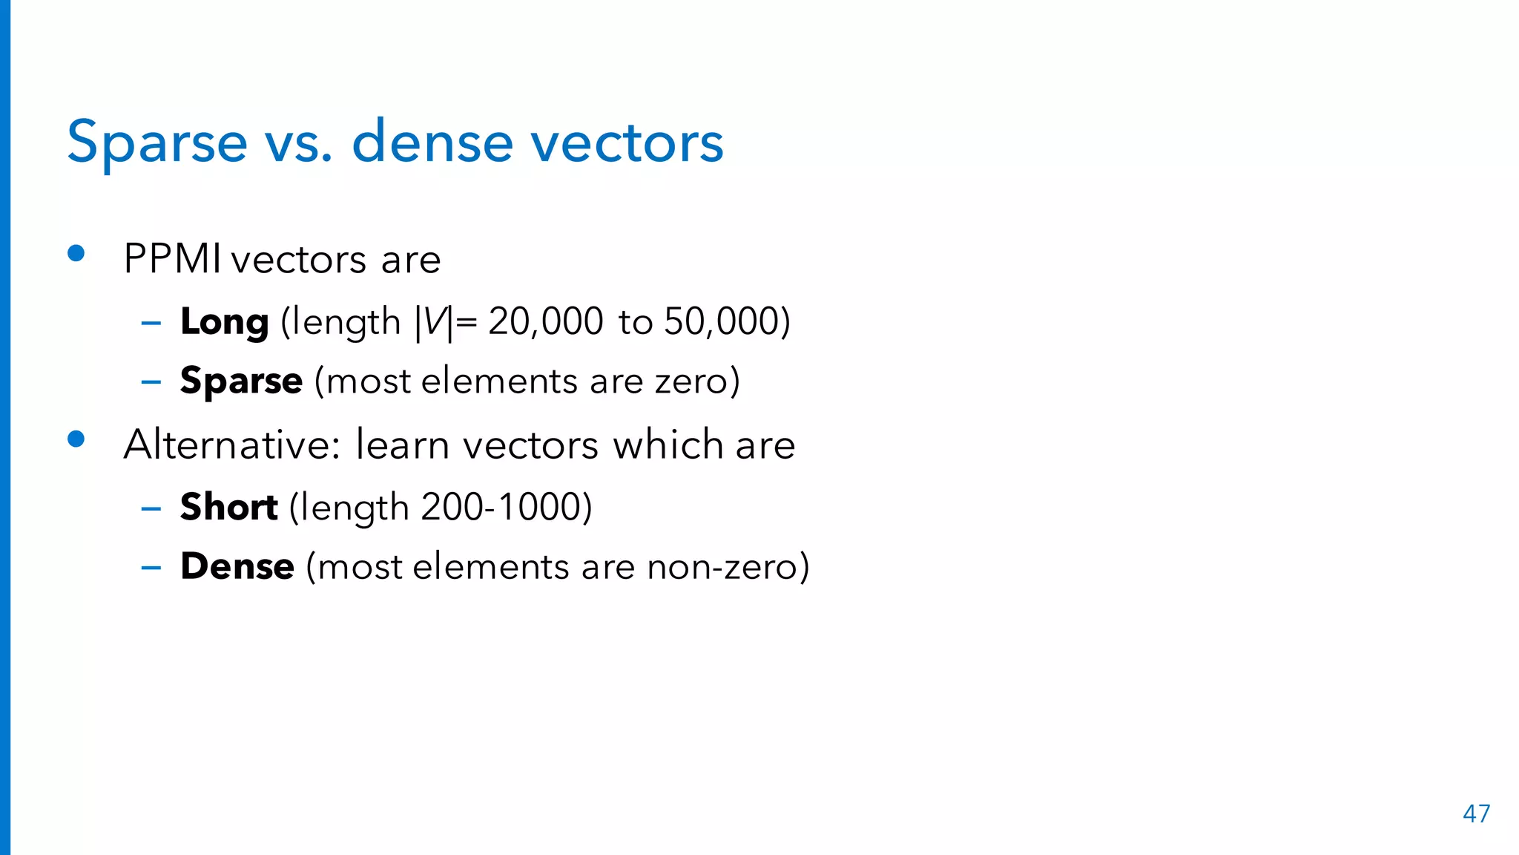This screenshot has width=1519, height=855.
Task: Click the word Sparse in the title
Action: [x=157, y=142]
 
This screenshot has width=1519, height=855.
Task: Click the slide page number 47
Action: [x=1476, y=814]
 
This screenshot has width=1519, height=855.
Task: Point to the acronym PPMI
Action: [x=172, y=260]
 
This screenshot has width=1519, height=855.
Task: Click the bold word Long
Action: [x=224, y=323]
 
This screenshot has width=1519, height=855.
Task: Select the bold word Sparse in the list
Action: [x=241, y=382]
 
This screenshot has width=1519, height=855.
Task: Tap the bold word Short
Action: [x=228, y=508]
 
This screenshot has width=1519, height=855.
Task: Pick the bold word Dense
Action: [x=237, y=567]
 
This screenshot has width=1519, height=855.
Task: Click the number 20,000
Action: [x=545, y=323]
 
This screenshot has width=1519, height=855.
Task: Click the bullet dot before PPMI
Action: [x=76, y=254]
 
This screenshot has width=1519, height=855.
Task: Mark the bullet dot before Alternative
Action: [x=76, y=439]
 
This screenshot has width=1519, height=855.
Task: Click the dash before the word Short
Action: [x=151, y=509]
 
